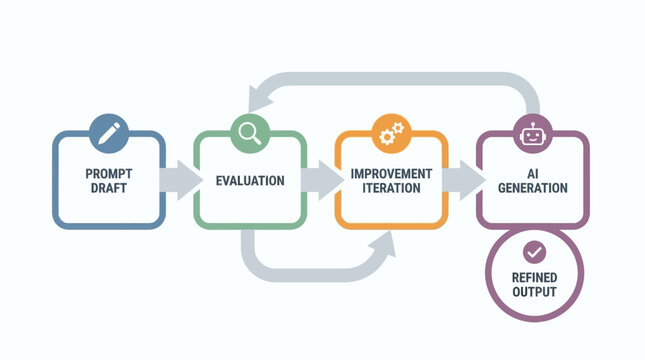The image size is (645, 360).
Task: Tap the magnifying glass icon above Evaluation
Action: point(249,131)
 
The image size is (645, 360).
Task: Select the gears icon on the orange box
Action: point(390,131)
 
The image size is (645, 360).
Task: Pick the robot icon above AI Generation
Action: point(532,131)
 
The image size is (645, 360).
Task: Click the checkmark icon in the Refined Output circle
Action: point(533,251)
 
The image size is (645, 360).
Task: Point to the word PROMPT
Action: point(108,173)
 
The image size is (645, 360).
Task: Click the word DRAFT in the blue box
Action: point(108,188)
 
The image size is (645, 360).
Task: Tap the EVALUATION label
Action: point(250,181)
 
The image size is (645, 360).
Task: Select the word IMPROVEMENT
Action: point(391,173)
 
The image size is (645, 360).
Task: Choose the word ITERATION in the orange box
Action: point(391,188)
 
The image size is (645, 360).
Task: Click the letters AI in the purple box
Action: point(532,173)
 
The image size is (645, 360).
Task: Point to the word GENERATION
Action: point(532,188)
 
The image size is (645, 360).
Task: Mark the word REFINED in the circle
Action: point(533,277)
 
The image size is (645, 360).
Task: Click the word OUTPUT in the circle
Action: point(533,292)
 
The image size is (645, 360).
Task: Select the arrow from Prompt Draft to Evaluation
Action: point(178,180)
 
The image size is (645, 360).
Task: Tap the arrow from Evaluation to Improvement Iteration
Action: point(320,180)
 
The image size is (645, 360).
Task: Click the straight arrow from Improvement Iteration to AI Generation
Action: point(461,180)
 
